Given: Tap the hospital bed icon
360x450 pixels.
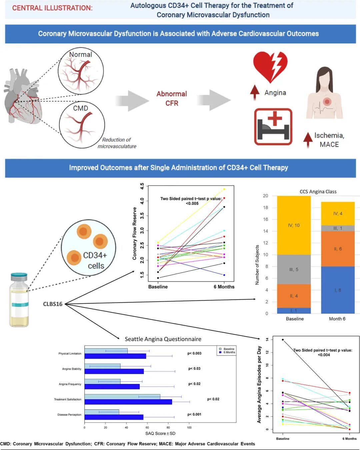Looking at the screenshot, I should pos(273,127).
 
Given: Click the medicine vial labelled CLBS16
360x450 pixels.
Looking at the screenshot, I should pos(19,300).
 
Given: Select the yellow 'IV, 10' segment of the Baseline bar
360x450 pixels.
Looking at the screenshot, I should pos(294,225).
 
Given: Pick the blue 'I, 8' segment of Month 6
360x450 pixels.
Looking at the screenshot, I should pos(338,290).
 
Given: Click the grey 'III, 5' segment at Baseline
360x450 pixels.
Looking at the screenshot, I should pos(294,269).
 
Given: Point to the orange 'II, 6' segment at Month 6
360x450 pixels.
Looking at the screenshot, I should pos(338,249).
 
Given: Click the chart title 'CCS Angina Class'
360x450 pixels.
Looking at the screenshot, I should pos(318,191).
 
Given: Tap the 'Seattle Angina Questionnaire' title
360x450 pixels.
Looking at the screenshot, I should pos(163,339).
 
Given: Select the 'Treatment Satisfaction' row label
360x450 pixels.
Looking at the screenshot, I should pos(68,399).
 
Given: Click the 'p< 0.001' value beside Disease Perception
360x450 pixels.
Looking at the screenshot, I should pos(194,414).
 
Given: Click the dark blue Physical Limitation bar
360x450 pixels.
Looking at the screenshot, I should pos(115,356).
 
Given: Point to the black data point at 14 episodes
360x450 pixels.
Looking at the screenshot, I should pos(283,340).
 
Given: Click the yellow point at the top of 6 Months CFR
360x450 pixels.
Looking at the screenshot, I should pos(224,189).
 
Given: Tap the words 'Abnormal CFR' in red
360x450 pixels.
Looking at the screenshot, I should pos(172,98).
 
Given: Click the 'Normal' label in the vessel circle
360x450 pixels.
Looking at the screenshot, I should pos(80,54).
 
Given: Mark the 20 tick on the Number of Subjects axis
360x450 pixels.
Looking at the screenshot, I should pos(266,196).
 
